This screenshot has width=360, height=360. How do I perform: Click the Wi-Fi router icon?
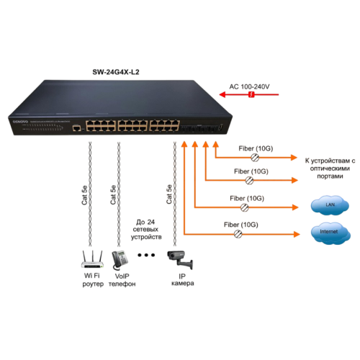(90, 258)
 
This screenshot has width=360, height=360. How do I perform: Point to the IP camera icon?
(179, 256)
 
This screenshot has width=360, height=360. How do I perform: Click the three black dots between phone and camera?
(148, 256)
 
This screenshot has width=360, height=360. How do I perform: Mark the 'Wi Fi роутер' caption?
(90, 279)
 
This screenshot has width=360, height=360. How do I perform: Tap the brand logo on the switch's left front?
(21, 122)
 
